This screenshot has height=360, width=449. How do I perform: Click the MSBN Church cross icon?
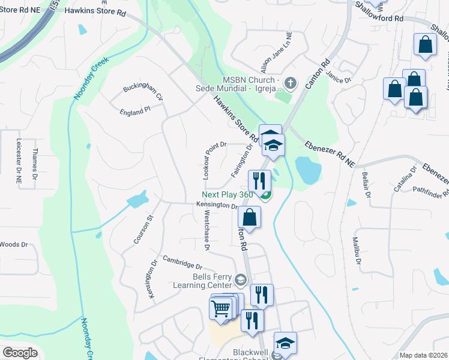pyautogui.click(x=290, y=82)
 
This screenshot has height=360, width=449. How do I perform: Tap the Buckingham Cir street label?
pyautogui.click(x=143, y=92)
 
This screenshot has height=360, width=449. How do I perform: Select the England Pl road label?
pyautogui.click(x=134, y=112)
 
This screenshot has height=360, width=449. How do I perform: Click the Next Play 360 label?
pyautogui.click(x=228, y=194)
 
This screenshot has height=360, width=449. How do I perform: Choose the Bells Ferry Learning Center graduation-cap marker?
pyautogui.click(x=241, y=280)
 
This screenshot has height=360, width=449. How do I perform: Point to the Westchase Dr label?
pyautogui.click(x=207, y=230)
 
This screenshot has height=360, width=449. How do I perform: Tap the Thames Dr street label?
pyautogui.click(x=35, y=164)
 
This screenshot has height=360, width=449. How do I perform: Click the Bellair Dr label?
pyautogui.click(x=366, y=185)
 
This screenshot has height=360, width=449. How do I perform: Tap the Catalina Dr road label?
pyautogui.click(x=405, y=178)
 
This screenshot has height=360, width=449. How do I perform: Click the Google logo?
pyautogui.click(x=20, y=353)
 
